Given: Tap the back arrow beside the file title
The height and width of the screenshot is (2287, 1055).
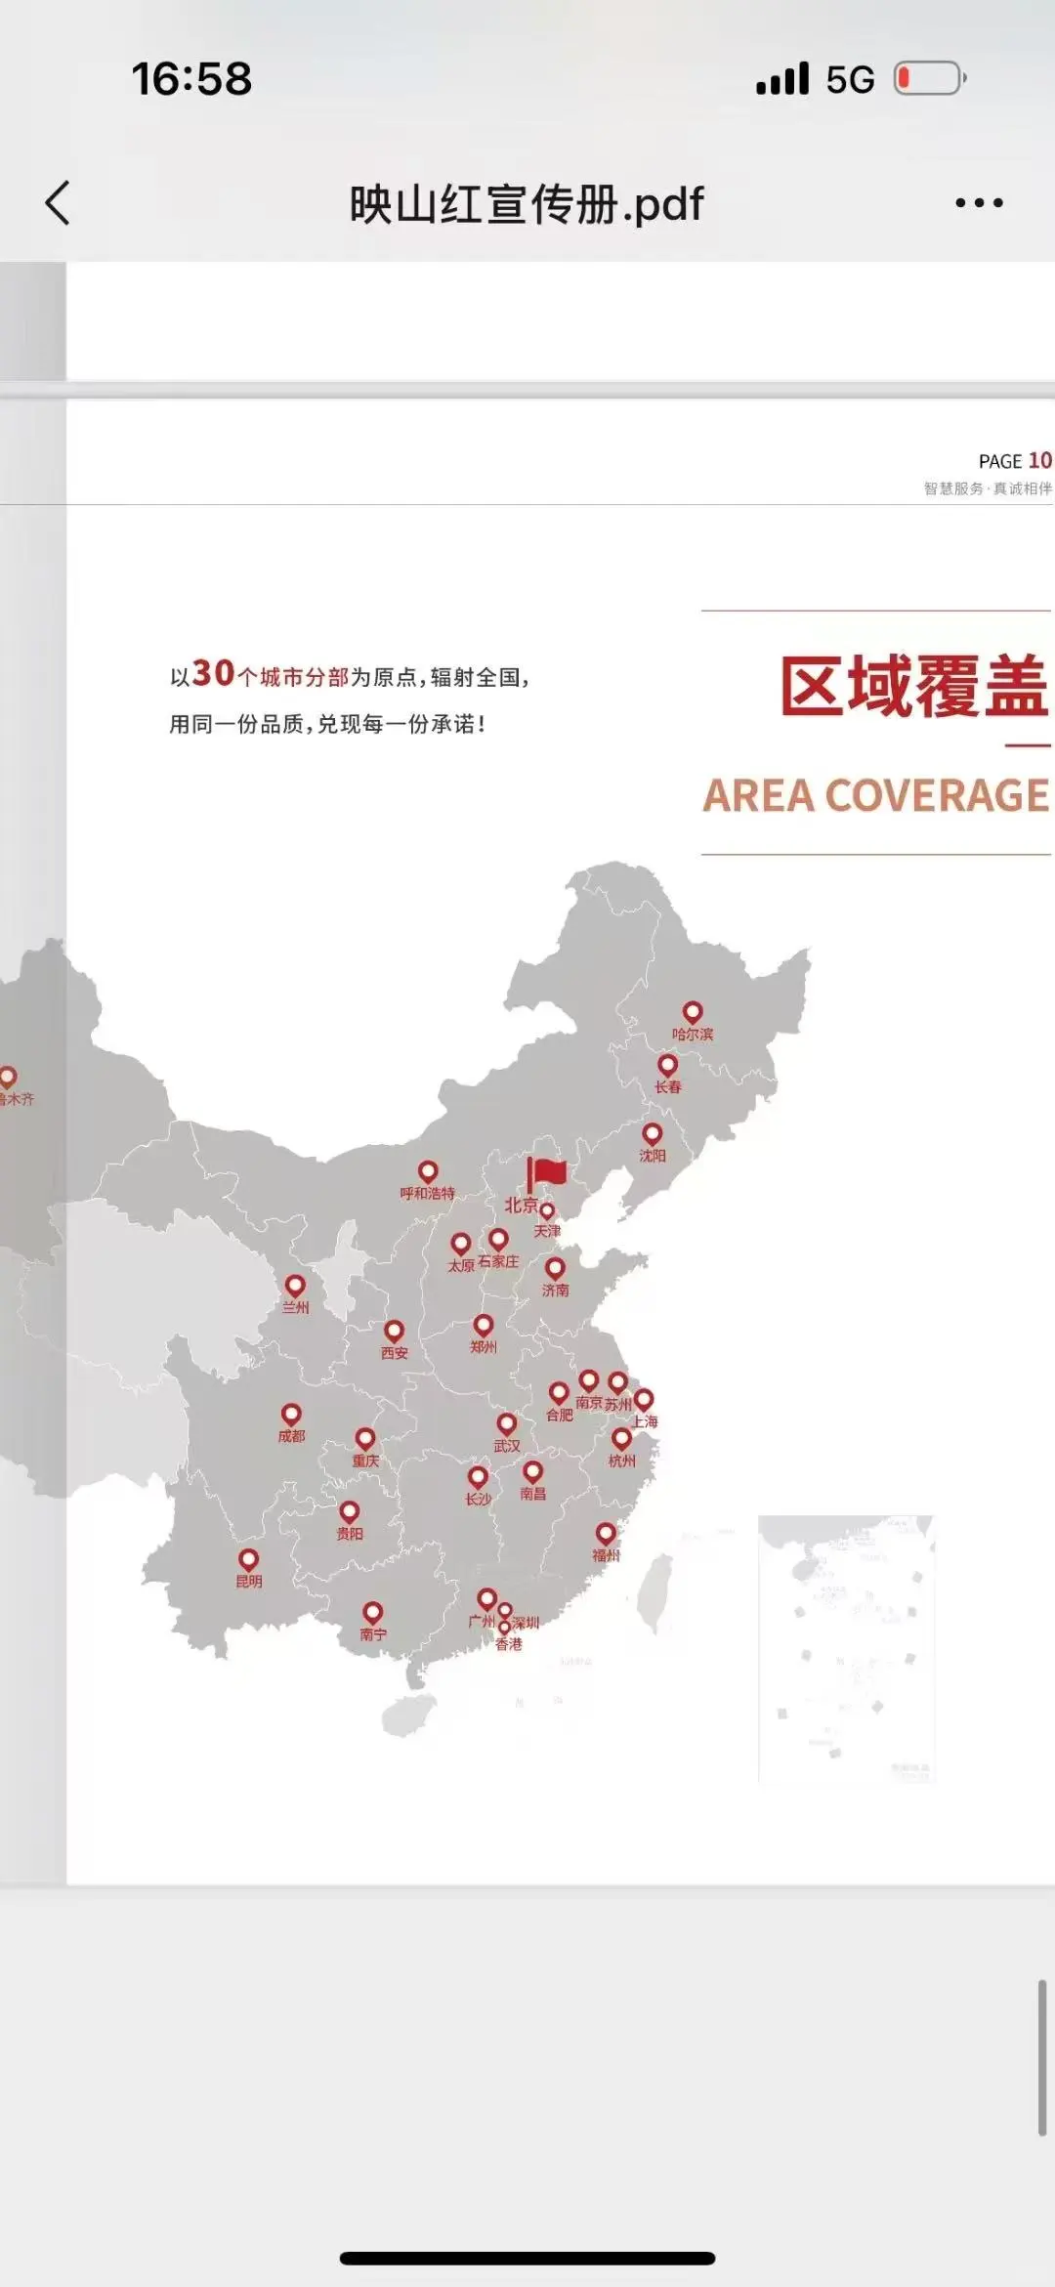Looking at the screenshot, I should point(58,203).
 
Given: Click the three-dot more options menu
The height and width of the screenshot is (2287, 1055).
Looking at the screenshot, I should point(979,203).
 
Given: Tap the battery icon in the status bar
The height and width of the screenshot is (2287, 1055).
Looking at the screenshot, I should point(929,78).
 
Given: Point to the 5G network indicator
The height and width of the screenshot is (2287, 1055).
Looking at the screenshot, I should point(850,79).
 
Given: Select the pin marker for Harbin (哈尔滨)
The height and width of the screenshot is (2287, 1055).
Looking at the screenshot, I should point(693,1012).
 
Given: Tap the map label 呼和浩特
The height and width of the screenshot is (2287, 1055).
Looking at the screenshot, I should point(427,1194).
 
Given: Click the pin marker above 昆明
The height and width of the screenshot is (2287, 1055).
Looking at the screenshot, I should point(249,1559).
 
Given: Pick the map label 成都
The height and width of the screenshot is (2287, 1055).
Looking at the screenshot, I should point(291,1436).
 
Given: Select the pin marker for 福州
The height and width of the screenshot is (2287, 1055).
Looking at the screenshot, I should point(606,1534).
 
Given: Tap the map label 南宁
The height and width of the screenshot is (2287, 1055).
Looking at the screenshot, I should point(373,1633).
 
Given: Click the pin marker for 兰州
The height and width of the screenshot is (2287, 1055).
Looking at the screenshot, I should point(295,1286).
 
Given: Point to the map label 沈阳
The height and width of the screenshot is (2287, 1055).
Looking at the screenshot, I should point(653,1156).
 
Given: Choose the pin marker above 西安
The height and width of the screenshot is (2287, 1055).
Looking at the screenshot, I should point(395,1331).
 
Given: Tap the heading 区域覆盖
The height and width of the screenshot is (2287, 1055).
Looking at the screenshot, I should point(913,686).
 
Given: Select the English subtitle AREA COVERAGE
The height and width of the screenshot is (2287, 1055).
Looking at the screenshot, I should point(876,795).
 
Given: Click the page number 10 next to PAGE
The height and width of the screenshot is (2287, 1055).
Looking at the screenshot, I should point(1039,460).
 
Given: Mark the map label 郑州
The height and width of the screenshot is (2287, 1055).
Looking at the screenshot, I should point(484,1347).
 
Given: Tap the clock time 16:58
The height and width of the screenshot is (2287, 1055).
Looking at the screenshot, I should point(191,78).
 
